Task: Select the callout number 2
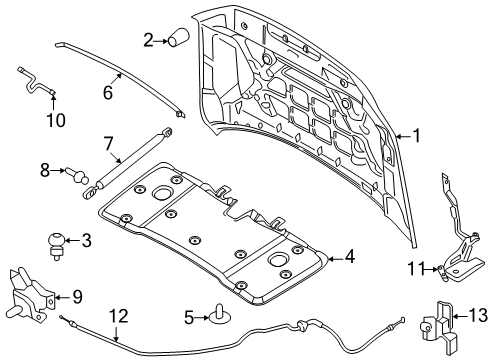[x=148, y=40]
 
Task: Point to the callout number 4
[x=348, y=258]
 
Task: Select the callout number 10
[x=55, y=120]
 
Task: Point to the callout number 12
[x=118, y=318]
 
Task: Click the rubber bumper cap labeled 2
[x=178, y=39]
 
